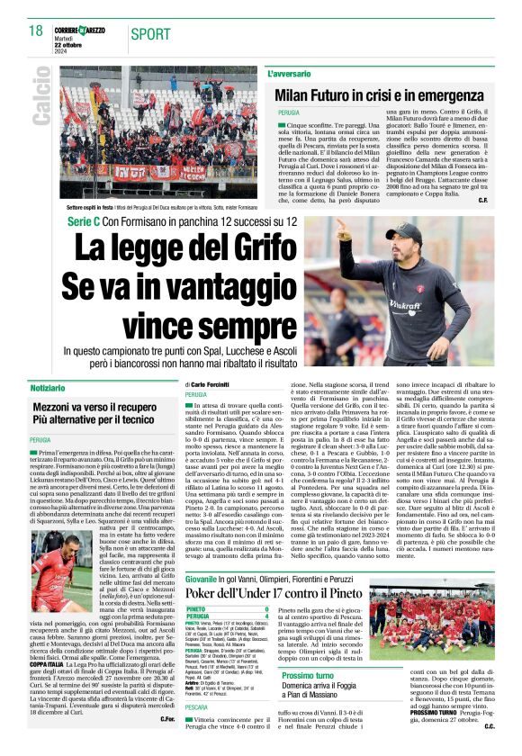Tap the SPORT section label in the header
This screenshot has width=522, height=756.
pos(151,33)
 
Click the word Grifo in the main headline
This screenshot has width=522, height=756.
pos(275,246)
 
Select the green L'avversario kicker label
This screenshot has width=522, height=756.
pos(289,71)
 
